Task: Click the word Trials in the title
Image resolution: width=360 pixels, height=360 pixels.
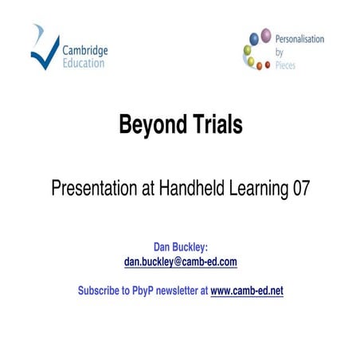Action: (214, 125)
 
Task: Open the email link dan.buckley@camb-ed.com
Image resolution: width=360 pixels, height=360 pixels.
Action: (181, 261)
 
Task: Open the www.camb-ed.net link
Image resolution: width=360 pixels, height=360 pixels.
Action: (246, 291)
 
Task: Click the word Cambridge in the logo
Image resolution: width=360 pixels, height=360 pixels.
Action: (85, 50)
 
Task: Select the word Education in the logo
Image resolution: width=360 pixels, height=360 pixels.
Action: (83, 63)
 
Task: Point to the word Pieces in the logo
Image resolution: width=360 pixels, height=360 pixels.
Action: (285, 65)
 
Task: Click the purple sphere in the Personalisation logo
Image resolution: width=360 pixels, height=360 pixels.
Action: (265, 36)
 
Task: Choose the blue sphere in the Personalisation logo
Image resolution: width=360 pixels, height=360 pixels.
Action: (253, 38)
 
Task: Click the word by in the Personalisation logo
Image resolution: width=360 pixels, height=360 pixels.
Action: (280, 52)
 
